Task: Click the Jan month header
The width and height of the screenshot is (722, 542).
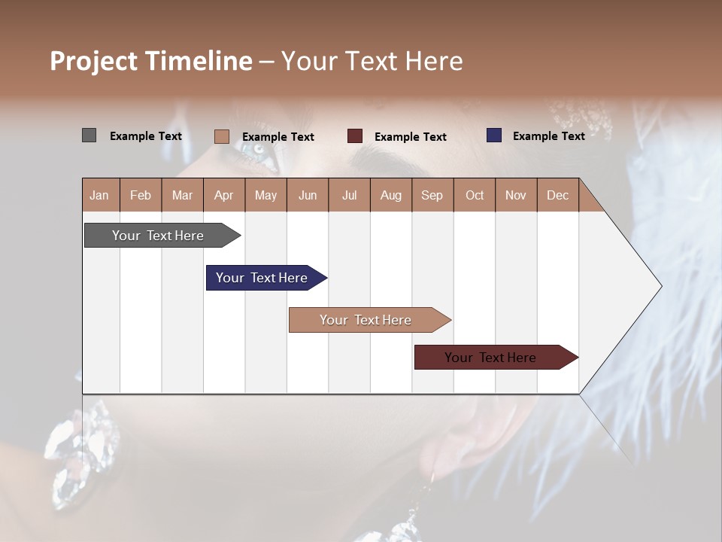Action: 100,195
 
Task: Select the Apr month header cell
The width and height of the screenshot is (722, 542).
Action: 224,195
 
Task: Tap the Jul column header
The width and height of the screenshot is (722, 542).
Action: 349,195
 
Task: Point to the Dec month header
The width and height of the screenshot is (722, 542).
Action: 557,195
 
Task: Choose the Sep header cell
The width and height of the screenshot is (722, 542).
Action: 432,195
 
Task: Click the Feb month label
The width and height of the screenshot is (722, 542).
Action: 141,195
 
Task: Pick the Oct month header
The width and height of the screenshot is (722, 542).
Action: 475,195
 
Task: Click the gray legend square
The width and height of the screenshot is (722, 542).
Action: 89,135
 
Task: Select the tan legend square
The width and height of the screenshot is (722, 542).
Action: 221,136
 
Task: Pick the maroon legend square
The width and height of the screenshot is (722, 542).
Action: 355,136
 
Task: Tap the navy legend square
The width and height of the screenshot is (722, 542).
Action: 494,135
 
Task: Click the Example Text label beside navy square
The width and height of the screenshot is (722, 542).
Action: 548,136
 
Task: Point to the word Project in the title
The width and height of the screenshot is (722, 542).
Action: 94,61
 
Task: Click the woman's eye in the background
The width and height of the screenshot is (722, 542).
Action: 259,150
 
